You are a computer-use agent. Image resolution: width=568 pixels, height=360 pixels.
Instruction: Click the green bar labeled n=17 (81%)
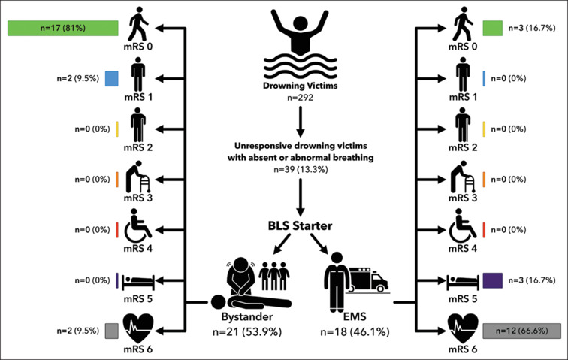point(63,29)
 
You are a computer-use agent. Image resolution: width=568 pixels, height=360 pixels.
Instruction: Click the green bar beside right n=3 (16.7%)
point(492,29)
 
